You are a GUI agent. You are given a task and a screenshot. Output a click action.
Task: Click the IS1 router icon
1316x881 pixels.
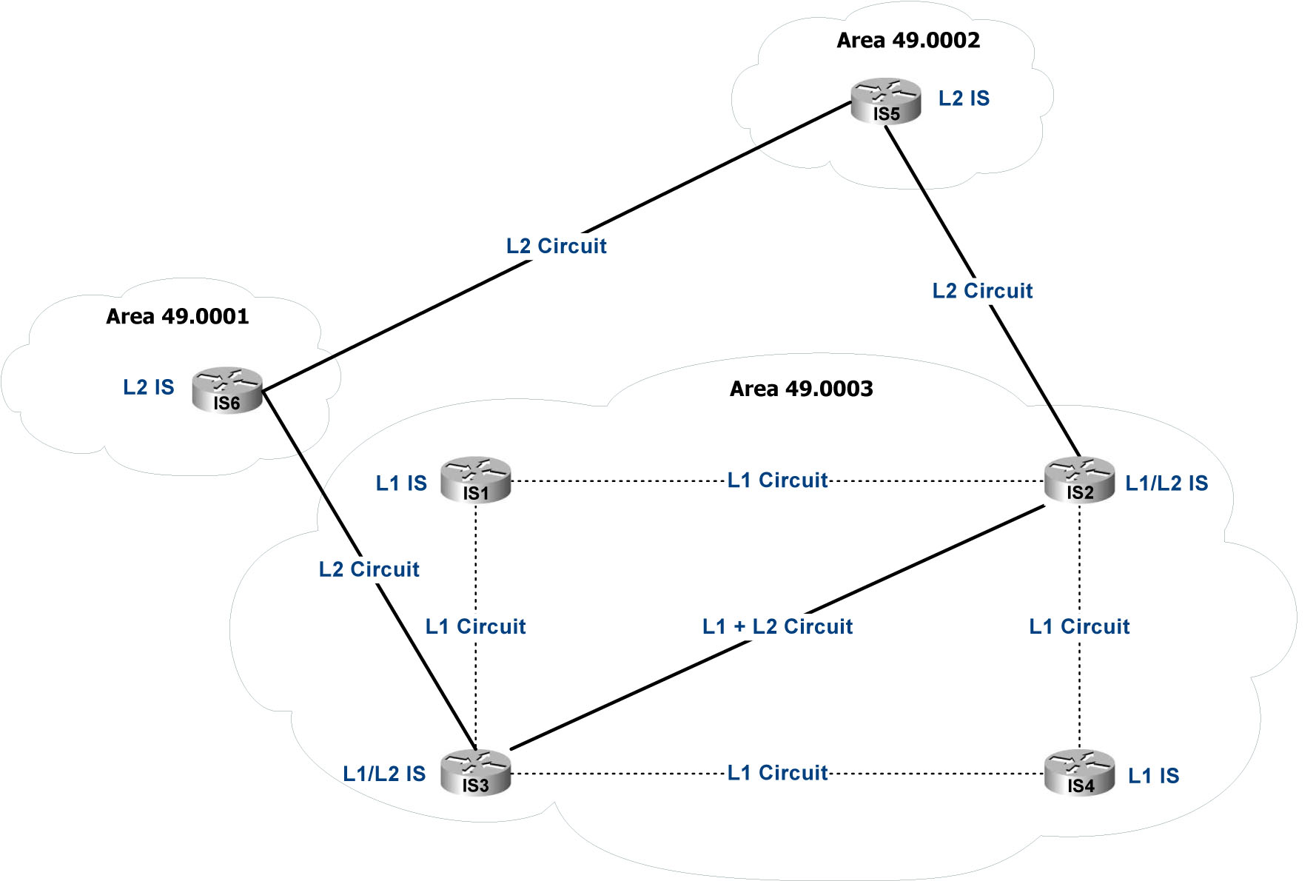[x=476, y=480]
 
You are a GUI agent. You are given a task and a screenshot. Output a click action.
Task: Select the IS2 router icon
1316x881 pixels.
[x=1079, y=480]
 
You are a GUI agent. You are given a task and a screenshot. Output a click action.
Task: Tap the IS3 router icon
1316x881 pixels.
[x=476, y=773]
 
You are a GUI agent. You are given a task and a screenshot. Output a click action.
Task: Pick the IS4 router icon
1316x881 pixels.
[x=1079, y=773]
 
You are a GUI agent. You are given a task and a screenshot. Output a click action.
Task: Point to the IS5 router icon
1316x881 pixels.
[x=886, y=101]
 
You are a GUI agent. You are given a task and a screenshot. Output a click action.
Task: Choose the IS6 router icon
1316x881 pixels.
[x=227, y=390]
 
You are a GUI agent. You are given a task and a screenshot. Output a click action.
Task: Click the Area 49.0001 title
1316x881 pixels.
[x=178, y=317]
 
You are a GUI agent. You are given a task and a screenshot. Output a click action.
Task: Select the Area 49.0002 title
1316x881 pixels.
[x=908, y=41]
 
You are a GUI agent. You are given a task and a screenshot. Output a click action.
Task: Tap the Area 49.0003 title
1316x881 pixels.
[x=802, y=389]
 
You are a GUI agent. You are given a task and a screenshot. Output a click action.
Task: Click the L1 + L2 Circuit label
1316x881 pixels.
[x=777, y=627]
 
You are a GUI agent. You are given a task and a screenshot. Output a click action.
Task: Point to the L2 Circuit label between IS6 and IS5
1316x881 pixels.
[x=557, y=247]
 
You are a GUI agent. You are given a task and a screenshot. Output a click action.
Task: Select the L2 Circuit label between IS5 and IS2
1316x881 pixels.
[x=982, y=291]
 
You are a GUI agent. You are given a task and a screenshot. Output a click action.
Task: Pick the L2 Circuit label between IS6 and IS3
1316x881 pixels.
[x=369, y=569]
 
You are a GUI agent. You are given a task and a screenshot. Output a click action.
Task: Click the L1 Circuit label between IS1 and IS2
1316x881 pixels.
[x=777, y=480]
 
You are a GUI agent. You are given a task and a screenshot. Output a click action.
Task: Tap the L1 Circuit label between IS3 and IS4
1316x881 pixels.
[x=777, y=773]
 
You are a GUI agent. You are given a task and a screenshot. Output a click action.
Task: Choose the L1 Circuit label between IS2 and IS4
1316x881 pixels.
[x=1079, y=627]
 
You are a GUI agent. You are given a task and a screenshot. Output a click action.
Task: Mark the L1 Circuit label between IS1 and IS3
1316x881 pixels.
[x=476, y=627]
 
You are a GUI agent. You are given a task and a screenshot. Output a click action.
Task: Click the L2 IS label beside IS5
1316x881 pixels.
[x=964, y=98]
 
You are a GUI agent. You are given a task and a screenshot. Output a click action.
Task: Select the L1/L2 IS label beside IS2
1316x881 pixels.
[x=1166, y=483]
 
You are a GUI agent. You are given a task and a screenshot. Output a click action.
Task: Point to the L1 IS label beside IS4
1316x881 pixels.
[x=1153, y=776]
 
